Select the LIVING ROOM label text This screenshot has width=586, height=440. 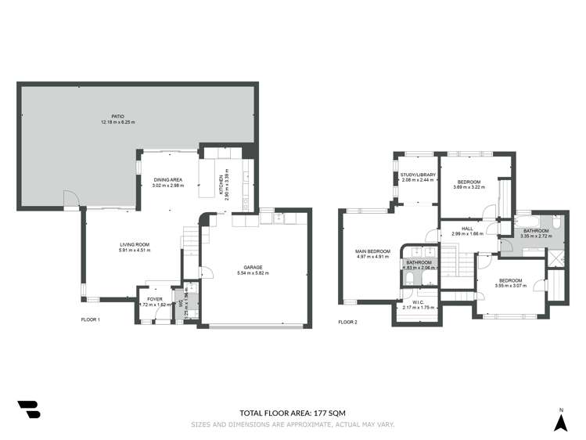pyautogui.click(x=135, y=245)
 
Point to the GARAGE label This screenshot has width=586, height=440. pyautogui.click(x=252, y=267)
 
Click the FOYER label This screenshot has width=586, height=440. pyautogui.click(x=154, y=298)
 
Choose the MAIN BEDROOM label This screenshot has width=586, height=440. pyautogui.click(x=372, y=251)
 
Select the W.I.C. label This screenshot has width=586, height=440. pyautogui.click(x=418, y=302)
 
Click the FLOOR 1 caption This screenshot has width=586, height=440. pyautogui.click(x=91, y=320)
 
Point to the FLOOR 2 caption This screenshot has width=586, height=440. pyautogui.click(x=347, y=322)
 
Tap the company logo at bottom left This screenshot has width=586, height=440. pyautogui.click(x=29, y=409)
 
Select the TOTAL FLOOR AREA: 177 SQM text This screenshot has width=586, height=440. pyautogui.click(x=293, y=413)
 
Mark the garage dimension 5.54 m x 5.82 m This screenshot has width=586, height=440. pyautogui.click(x=252, y=273)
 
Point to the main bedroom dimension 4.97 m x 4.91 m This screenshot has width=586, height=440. pyautogui.click(x=372, y=257)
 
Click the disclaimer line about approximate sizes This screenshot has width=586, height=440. pyautogui.click(x=293, y=424)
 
